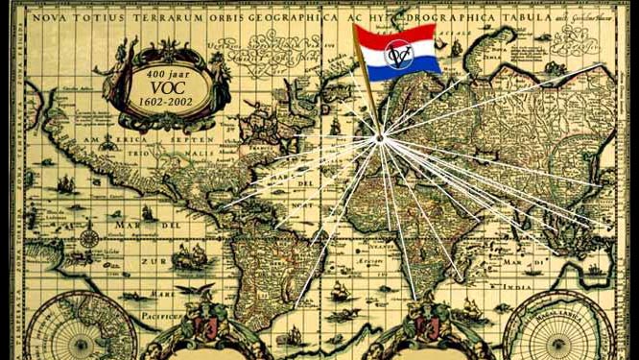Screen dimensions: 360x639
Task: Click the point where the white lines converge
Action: (x=380, y=139)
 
